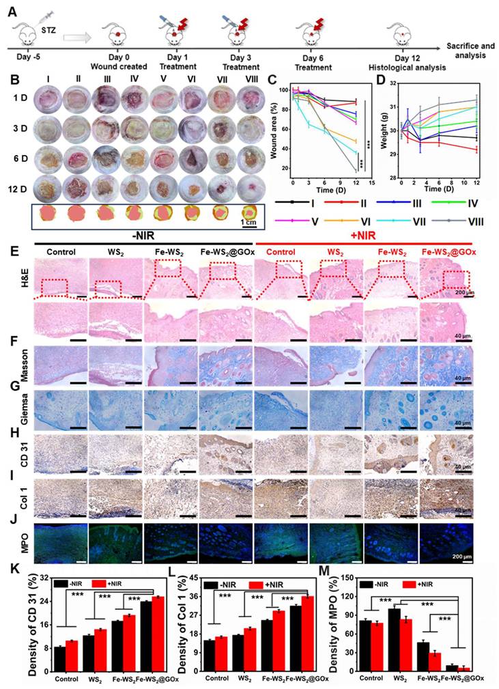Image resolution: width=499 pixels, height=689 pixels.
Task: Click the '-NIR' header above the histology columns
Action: point(143,234)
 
